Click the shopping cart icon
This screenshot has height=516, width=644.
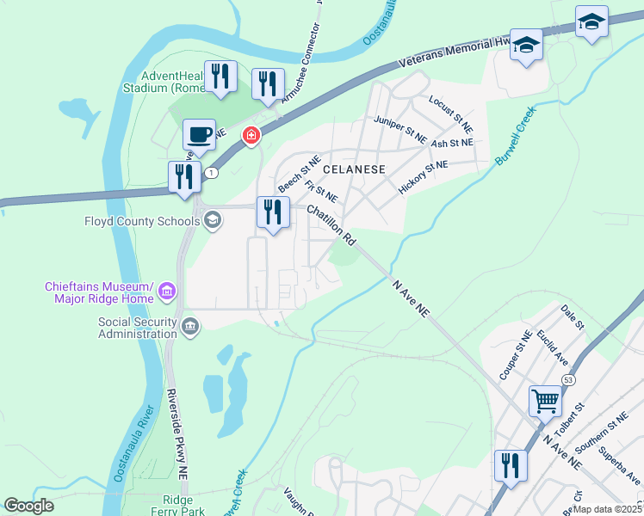coord(545,400)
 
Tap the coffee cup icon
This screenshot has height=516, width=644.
coord(199,135)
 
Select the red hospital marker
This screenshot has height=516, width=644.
coord(251,135)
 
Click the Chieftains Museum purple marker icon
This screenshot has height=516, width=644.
coord(168,292)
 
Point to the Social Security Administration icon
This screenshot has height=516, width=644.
coord(190,326)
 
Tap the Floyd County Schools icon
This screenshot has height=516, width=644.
coord(212,221)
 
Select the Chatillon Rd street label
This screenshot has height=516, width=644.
coord(331,223)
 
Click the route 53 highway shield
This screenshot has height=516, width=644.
coord(568,379)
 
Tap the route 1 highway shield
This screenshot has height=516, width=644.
coord(211,173)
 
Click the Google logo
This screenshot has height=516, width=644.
coord(28,506)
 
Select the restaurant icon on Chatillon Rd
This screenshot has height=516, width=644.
coord(273,212)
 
